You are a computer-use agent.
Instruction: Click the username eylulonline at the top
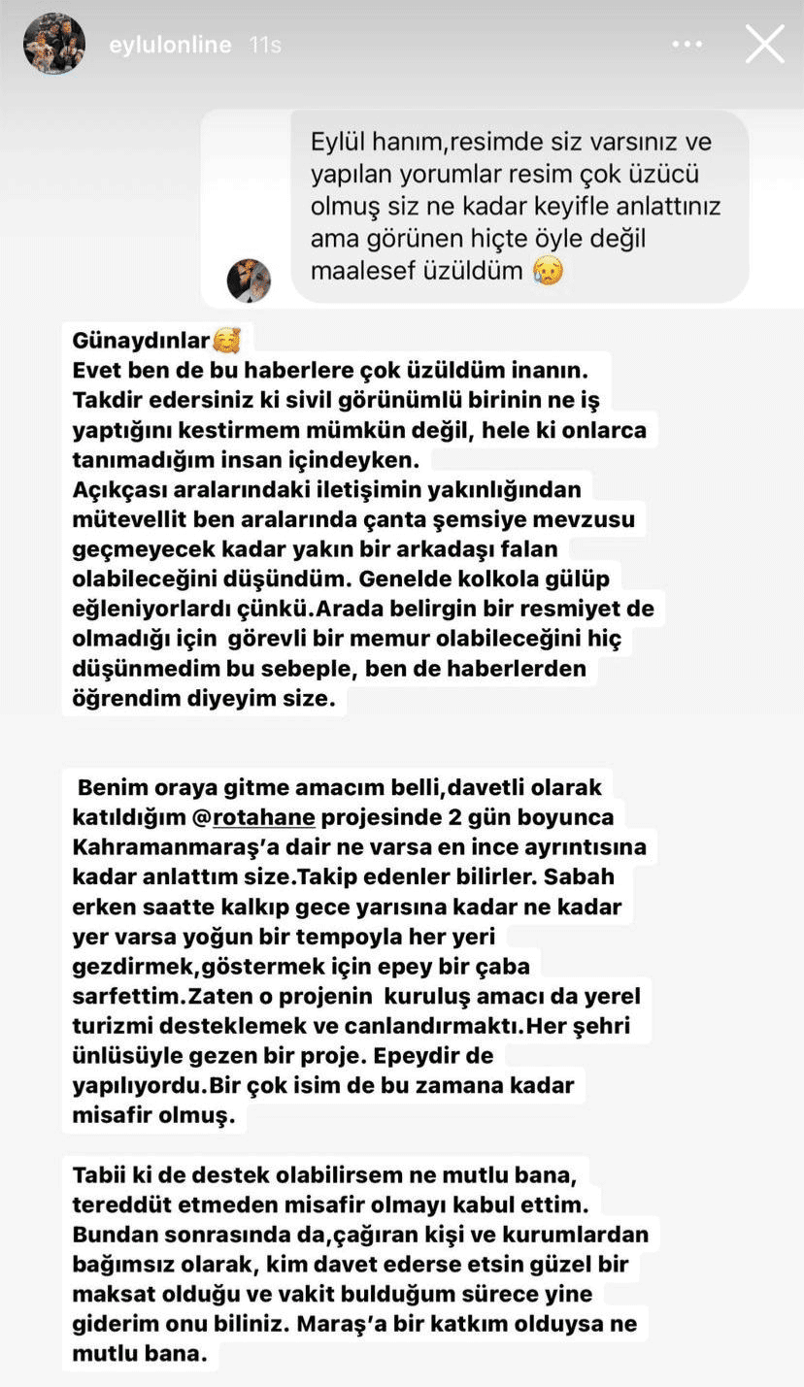(170, 45)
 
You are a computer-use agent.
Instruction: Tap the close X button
(764, 45)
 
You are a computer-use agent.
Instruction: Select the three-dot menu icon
(687, 45)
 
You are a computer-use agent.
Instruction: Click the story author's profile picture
(54, 44)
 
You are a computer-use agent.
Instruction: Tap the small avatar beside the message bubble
(249, 281)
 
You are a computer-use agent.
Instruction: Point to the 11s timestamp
(265, 45)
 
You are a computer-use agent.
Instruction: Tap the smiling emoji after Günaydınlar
(226, 341)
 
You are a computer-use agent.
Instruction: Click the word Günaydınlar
(141, 341)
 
